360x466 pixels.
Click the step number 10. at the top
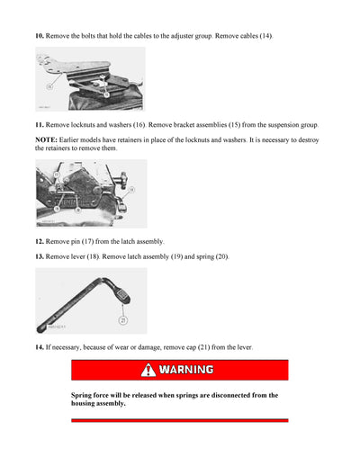(x=39, y=35)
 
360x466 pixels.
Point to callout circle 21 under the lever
(x=122, y=320)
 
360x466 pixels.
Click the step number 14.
(x=39, y=346)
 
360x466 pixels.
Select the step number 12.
(x=39, y=241)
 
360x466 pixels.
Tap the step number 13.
(x=39, y=256)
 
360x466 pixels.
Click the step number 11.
(x=39, y=125)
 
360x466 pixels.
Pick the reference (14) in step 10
(x=266, y=35)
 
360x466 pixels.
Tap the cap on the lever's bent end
(x=121, y=292)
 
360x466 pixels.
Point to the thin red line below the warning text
(x=180, y=420)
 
